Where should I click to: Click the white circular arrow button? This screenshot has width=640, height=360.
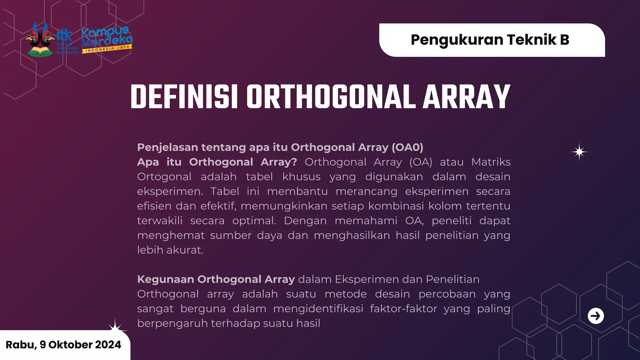pos(596,316)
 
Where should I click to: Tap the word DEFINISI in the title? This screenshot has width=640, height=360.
pos(184,97)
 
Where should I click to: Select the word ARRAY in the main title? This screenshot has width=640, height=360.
pos(466,97)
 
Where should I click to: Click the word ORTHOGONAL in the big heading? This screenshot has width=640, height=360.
pos(331,97)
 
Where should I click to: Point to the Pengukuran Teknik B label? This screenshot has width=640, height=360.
pos(490,40)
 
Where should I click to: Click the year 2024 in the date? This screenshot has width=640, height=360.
pos(108,344)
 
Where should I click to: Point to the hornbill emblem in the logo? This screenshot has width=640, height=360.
pos(40,39)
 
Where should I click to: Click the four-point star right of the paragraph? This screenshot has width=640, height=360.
pos(579,152)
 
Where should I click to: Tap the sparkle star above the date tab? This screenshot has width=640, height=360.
pos(115,327)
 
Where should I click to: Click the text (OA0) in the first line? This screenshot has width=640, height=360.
pos(407,147)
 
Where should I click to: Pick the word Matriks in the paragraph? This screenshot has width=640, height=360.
pos(491,162)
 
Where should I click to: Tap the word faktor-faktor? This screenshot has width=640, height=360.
pos(403,308)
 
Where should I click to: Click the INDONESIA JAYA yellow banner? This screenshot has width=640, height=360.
pos(107,49)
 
